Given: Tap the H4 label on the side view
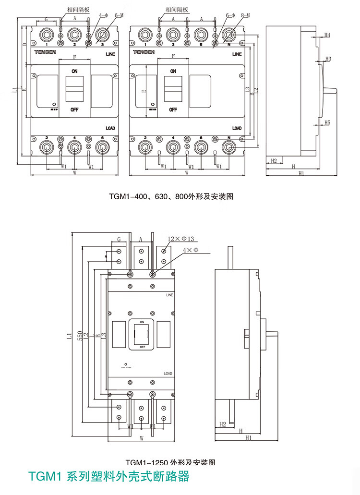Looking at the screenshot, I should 327,36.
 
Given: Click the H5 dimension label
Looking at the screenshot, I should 327,123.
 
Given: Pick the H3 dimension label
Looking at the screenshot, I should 328,59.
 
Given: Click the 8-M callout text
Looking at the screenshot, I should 245,16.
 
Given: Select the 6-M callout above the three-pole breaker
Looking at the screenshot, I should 120,16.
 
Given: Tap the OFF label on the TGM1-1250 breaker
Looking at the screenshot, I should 143,346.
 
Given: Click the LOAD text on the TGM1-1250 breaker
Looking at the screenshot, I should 168,373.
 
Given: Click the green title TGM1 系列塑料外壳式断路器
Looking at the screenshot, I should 109,477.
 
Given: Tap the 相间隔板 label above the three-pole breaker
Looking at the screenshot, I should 73,9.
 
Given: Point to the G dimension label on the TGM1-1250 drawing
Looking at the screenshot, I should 119,239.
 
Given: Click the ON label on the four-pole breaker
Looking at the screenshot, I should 173,71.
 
